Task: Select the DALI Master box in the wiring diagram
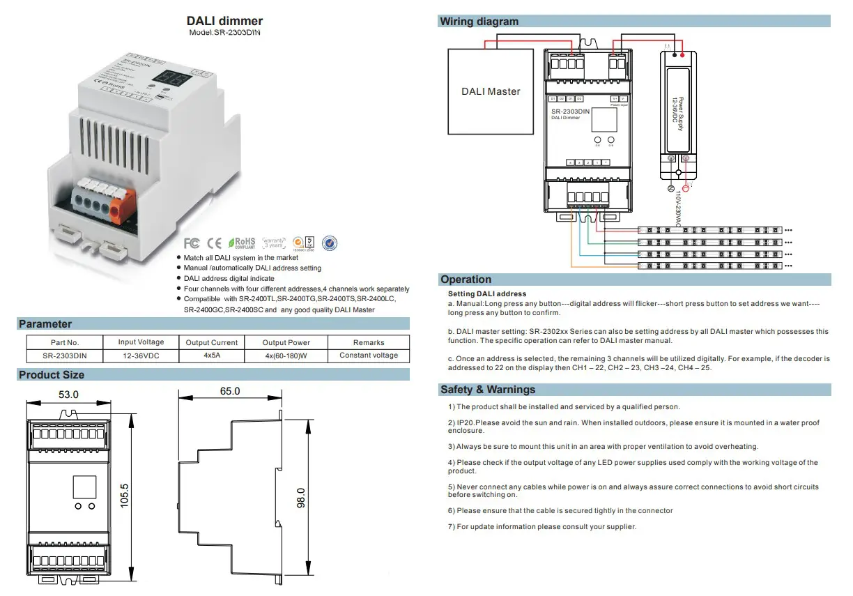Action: click(x=491, y=91)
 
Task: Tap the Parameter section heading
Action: click(x=45, y=323)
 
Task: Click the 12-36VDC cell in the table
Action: click(x=141, y=356)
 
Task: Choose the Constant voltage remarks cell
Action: click(x=369, y=356)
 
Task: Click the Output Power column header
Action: click(x=286, y=342)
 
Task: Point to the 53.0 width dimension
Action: click(x=68, y=395)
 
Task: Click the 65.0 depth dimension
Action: click(x=229, y=392)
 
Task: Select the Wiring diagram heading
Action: click(x=479, y=22)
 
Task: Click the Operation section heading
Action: click(x=466, y=280)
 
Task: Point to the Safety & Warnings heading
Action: click(x=487, y=390)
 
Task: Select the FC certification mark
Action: click(x=192, y=243)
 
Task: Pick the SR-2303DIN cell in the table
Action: click(x=65, y=356)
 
